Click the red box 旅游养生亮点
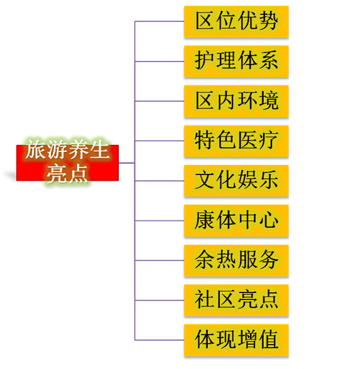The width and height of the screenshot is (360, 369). point(67,163)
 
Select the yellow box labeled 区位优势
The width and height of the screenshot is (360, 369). point(236,21)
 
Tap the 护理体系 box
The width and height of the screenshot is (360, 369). point(236,61)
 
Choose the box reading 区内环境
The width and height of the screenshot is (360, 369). point(236,101)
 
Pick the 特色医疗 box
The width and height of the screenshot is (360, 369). point(236,141)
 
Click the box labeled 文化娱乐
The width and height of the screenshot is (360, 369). point(236,181)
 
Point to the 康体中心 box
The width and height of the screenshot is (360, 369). point(236,220)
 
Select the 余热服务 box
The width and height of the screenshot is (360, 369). point(236,260)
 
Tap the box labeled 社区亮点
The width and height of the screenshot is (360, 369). point(236,300)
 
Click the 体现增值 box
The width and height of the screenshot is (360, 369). point(236,340)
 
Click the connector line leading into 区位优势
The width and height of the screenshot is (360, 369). point(160,21)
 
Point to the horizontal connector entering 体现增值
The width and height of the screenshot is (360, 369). point(160,340)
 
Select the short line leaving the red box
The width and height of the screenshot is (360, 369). point(126,163)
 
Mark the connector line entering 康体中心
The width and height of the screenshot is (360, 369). point(160,220)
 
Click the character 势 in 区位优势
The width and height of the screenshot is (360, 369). point(268,21)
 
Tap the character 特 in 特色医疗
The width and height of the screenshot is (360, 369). point(204,141)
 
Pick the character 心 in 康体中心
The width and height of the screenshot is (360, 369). point(269,220)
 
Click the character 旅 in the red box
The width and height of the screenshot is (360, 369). point(36,149)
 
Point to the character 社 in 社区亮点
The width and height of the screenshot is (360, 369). point(204,299)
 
